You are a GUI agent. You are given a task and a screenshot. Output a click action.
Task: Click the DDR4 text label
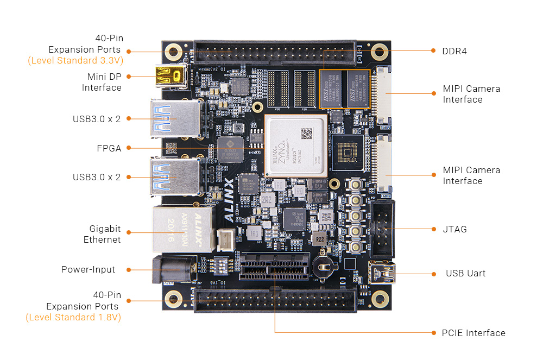click(454, 51)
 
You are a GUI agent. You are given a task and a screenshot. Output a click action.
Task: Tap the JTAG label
click(454, 229)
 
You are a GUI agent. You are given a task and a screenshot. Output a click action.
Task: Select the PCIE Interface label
click(473, 333)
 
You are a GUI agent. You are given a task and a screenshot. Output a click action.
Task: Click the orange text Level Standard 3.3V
click(75, 60)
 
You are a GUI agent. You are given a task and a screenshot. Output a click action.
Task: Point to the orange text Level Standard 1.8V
click(73, 317)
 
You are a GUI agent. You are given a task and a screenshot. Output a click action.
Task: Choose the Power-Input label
click(88, 269)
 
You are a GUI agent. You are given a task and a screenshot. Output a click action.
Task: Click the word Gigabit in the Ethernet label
click(105, 229)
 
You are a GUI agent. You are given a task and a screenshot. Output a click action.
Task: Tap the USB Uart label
click(465, 273)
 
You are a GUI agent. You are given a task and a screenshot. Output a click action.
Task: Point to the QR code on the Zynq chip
click(307, 133)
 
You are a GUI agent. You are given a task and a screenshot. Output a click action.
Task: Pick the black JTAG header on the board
click(383, 229)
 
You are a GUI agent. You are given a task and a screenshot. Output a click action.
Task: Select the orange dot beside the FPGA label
click(128, 148)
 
